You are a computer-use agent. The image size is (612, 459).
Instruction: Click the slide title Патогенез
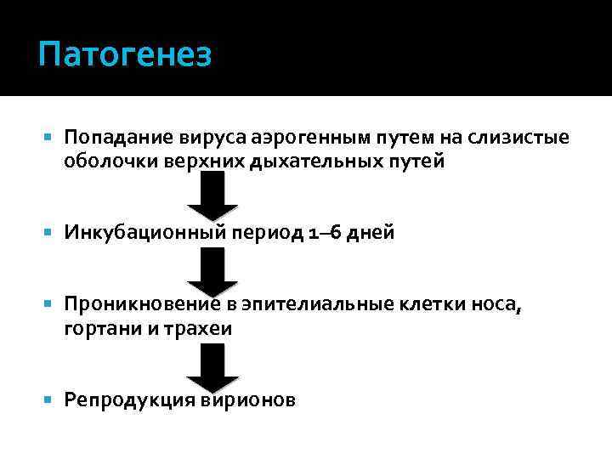(124, 56)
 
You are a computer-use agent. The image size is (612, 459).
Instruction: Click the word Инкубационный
(134, 233)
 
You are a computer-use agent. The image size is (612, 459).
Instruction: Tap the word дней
(371, 233)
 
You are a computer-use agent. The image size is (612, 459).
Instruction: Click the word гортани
(96, 330)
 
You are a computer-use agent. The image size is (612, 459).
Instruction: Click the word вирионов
(248, 400)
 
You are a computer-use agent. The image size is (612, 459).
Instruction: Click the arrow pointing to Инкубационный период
(212, 201)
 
